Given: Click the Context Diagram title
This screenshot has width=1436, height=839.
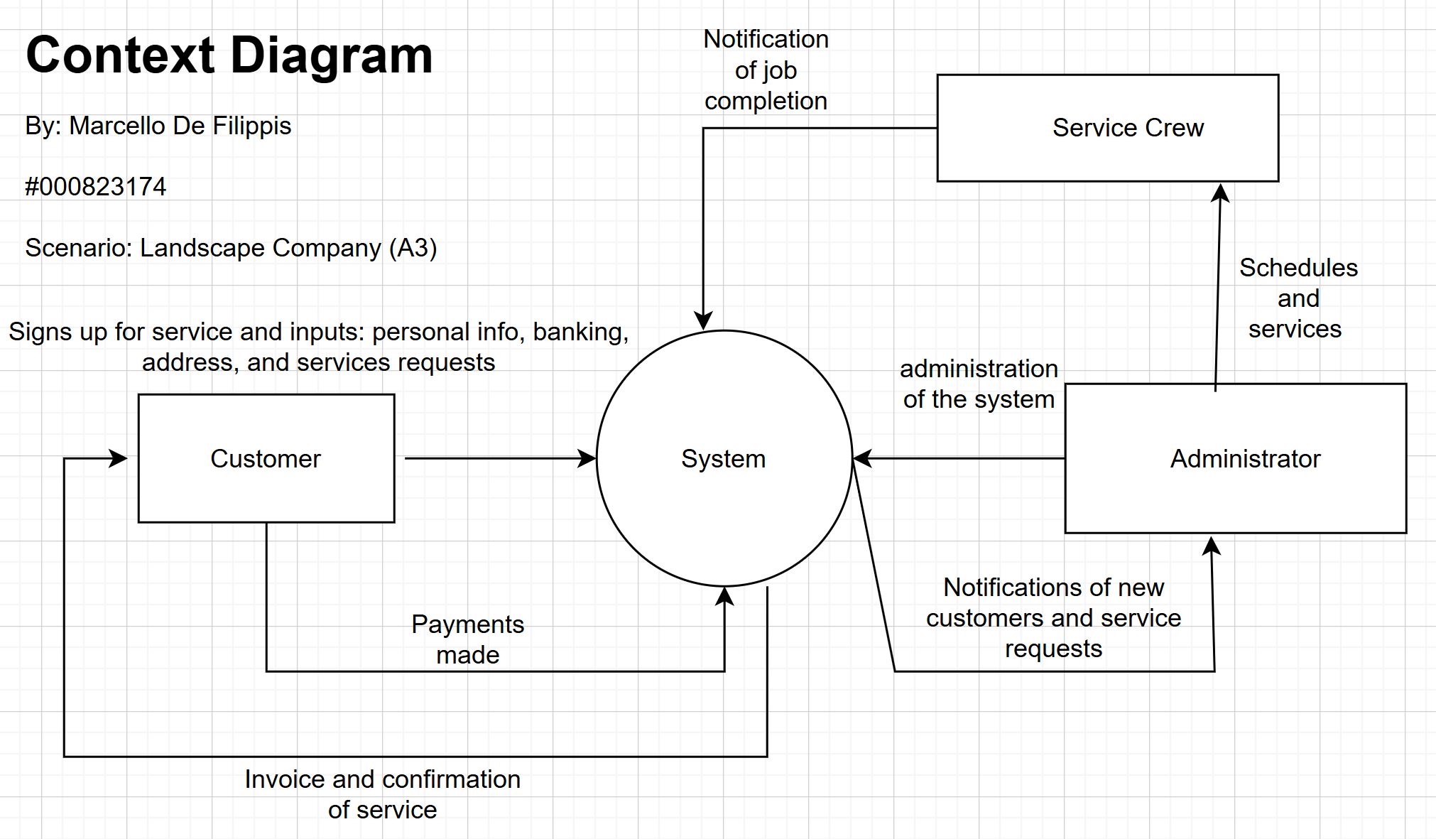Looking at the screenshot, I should [229, 55].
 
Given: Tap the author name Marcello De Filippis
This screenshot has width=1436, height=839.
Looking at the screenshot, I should [180, 126].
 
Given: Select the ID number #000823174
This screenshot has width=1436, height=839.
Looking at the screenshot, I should [95, 187].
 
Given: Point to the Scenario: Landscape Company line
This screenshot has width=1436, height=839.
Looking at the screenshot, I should [231, 248].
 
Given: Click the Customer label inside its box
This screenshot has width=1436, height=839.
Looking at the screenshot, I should [266, 459].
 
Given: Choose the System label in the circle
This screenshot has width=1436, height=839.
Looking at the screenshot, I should [723, 459].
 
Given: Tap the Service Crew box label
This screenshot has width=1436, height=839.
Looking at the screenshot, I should [1128, 128].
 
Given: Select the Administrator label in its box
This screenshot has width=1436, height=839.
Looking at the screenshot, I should [1245, 459].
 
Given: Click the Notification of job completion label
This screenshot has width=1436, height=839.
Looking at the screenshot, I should [766, 70].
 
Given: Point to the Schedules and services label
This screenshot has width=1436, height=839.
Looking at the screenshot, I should [1298, 298].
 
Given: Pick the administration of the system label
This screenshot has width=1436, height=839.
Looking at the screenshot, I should [979, 384].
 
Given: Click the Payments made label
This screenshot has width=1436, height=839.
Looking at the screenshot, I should [467, 639].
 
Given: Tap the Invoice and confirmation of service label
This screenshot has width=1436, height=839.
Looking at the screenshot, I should [382, 794].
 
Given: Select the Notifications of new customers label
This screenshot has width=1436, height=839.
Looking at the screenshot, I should [1053, 618].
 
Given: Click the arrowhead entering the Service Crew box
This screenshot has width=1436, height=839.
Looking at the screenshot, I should [1219, 193].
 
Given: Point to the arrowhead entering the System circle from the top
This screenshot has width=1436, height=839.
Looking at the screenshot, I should [703, 320].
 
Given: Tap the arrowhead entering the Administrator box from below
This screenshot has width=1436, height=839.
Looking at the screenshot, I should [1212, 546].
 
